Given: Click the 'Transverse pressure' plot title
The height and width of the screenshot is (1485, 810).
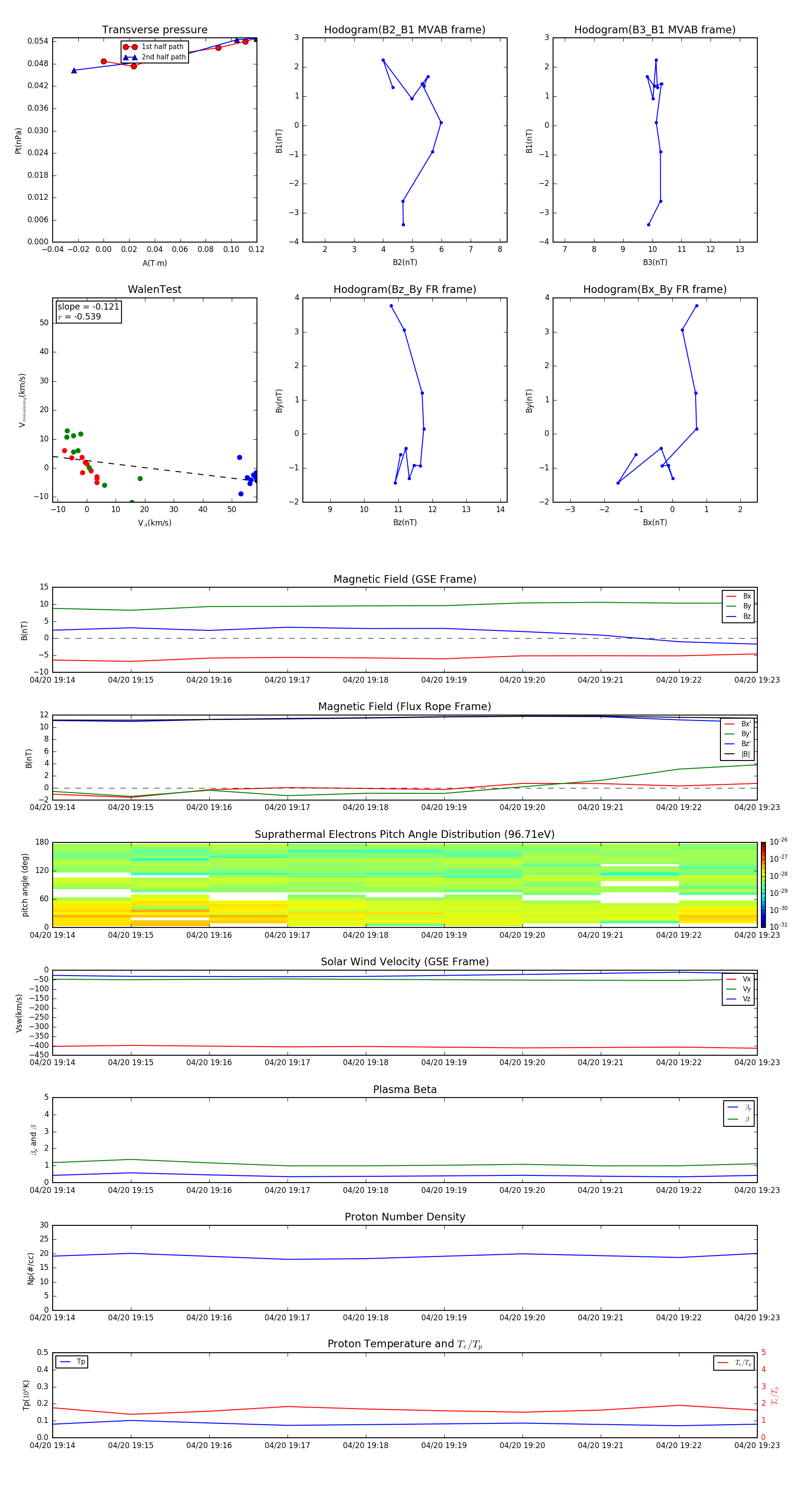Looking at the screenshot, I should coord(154,30).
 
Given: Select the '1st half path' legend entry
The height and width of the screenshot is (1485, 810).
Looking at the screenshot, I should coord(162,47).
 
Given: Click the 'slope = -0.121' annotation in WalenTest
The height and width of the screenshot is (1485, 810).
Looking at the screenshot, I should coord(88,307).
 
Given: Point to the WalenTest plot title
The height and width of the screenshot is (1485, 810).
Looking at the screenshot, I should coord(154,289).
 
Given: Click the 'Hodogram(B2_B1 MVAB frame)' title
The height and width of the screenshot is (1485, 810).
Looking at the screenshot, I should coord(404,30).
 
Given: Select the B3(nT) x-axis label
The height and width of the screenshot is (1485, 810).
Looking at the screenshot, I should coord(655,262).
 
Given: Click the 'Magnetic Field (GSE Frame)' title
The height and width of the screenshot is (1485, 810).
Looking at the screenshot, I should coord(405,579).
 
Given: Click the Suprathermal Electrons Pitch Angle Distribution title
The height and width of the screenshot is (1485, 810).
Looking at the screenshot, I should coord(405,834).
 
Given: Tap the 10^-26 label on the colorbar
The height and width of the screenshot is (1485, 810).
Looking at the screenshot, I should coord(778,841).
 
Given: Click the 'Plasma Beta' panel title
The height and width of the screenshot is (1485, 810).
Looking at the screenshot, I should coord(405,1089).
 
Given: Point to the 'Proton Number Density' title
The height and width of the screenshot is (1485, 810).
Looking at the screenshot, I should coord(405,1217).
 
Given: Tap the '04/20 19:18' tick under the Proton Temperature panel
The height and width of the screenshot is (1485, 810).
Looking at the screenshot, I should coord(365,1445).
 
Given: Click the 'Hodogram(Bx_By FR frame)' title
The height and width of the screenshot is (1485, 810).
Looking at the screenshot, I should coord(654,289).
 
